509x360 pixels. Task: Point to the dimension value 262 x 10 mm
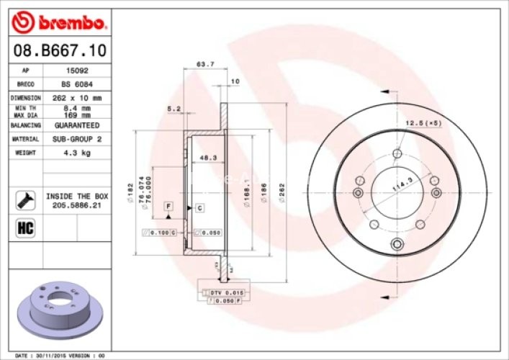[76, 97]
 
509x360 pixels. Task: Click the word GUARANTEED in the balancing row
[76, 125]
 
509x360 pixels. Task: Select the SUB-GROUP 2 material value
[76, 138]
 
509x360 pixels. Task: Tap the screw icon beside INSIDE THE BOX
[24, 199]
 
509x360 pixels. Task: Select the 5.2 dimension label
[173, 109]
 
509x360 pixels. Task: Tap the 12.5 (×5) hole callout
[423, 123]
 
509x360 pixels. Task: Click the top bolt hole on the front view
[397, 152]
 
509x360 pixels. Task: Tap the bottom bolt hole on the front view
[396, 246]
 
